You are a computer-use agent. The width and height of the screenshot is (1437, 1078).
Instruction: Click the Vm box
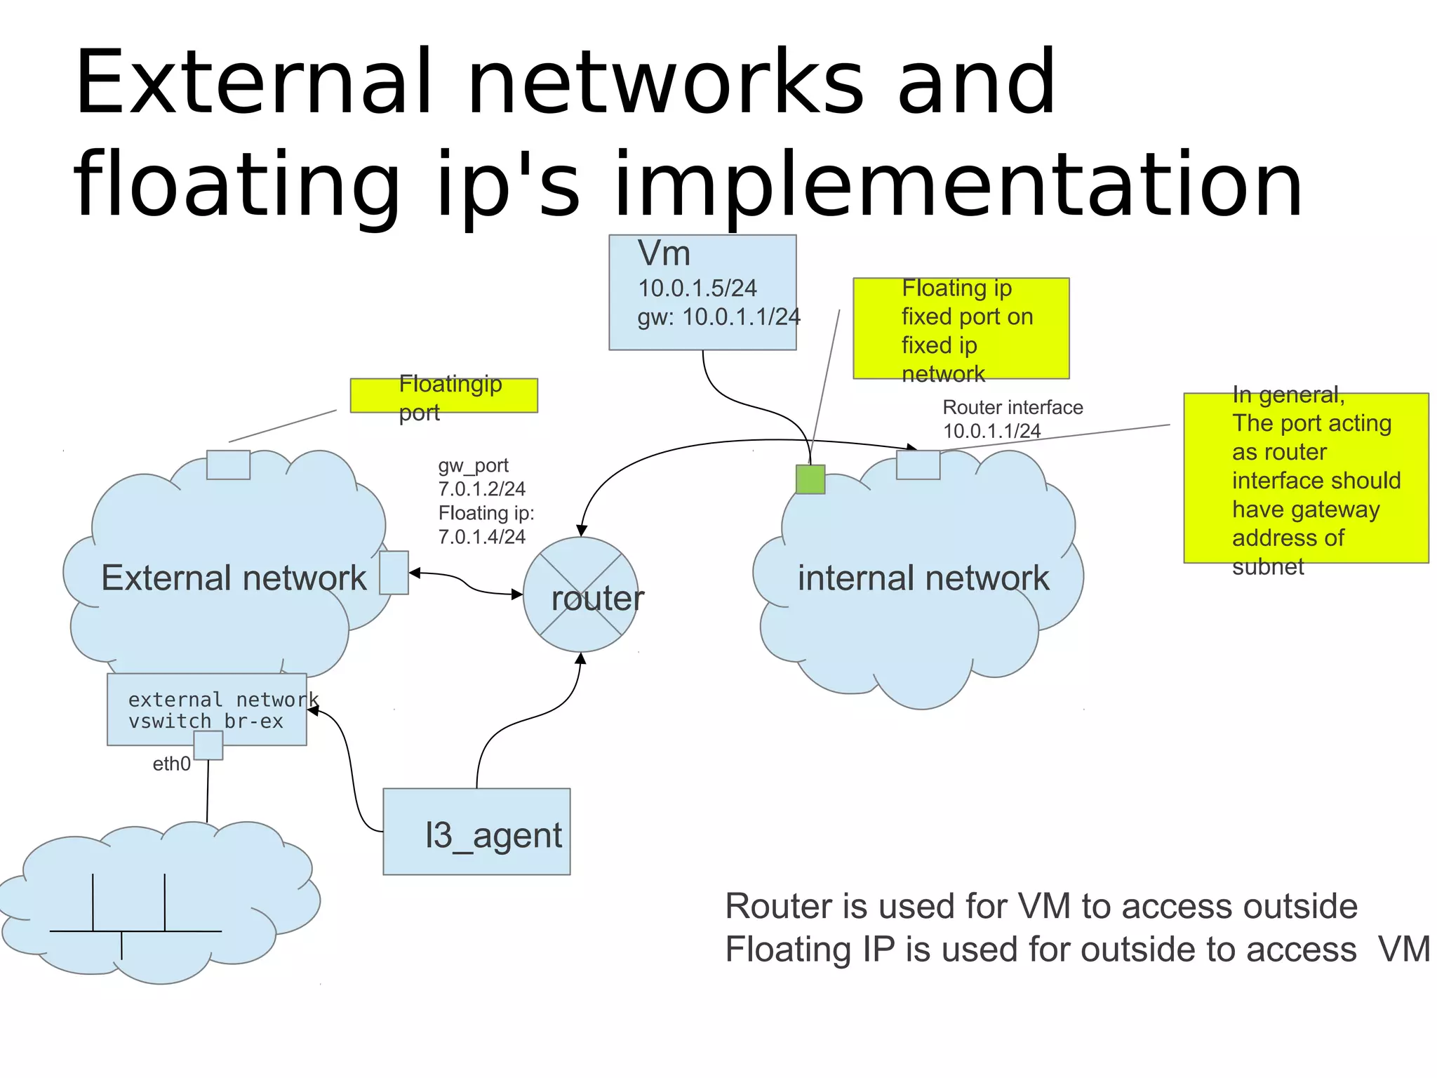[x=702, y=292]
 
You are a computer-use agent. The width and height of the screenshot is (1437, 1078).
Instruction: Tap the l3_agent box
[x=476, y=832]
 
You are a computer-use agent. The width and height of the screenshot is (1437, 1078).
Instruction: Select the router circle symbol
[x=580, y=594]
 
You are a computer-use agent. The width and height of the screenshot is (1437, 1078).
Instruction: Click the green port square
[x=810, y=479]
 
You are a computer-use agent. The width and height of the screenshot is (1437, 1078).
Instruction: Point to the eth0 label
[x=171, y=764]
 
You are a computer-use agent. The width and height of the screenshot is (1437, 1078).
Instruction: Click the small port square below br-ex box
[x=208, y=745]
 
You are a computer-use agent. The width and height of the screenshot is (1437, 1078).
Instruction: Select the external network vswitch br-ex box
[x=206, y=710]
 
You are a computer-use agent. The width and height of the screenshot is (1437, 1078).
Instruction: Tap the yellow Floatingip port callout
[x=443, y=396]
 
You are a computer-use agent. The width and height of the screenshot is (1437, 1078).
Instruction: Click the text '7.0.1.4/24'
[x=481, y=537]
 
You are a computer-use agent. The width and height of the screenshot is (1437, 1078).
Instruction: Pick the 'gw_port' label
[x=473, y=465]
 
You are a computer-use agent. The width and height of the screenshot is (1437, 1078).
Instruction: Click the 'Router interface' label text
[x=1012, y=408]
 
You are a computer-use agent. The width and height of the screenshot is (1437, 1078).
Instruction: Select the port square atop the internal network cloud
[x=918, y=465]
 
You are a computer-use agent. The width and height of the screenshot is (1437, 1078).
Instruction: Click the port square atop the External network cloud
[x=228, y=465]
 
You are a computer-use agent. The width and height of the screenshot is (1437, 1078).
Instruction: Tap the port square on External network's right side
[x=394, y=573]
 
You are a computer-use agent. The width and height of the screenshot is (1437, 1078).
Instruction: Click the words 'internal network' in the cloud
[x=923, y=578]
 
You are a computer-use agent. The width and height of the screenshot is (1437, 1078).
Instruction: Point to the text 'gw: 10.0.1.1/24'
[x=718, y=317]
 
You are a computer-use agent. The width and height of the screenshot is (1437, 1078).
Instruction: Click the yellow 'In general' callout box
[x=1305, y=478]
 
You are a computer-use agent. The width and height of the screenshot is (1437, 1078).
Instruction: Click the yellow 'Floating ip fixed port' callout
[x=961, y=328]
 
